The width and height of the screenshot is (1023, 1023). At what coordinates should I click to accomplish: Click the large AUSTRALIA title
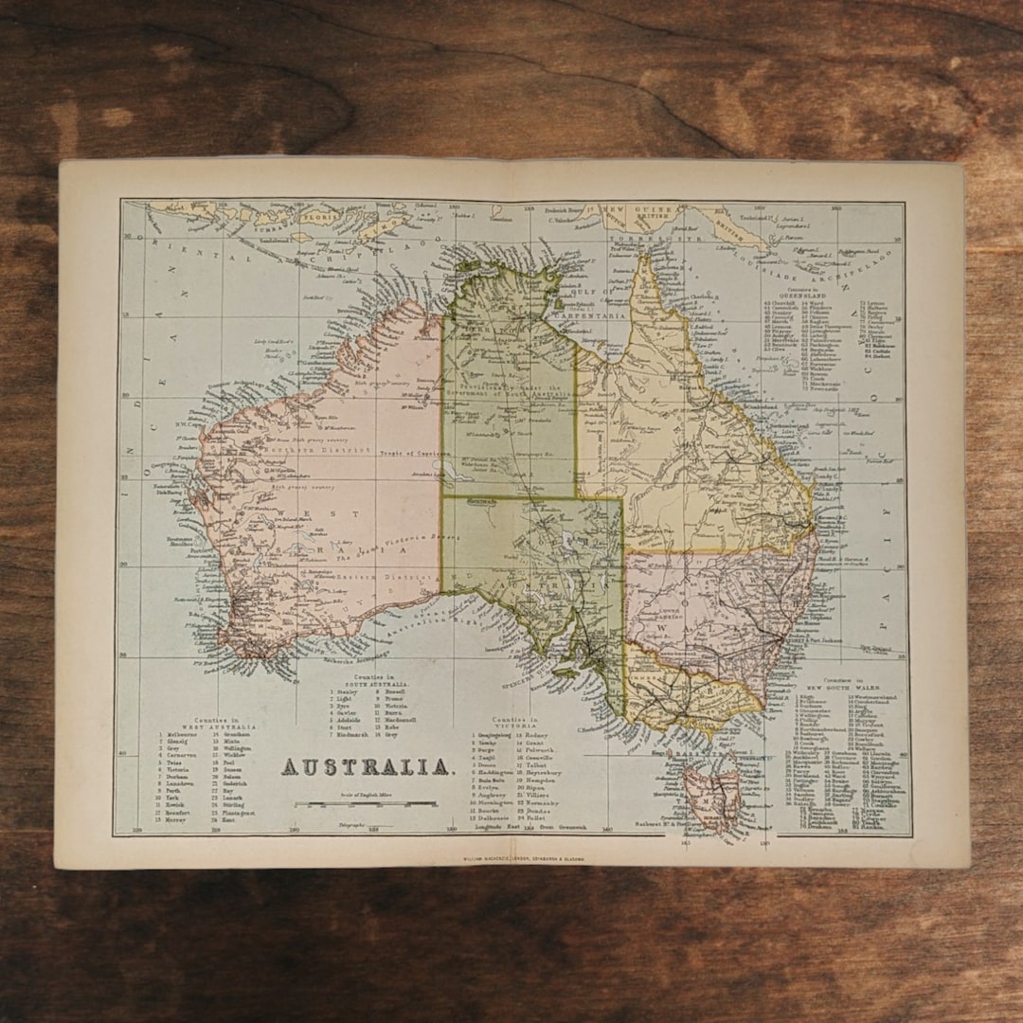(x=367, y=766)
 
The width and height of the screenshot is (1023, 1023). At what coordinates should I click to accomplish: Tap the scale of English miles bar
(x=366, y=804)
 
